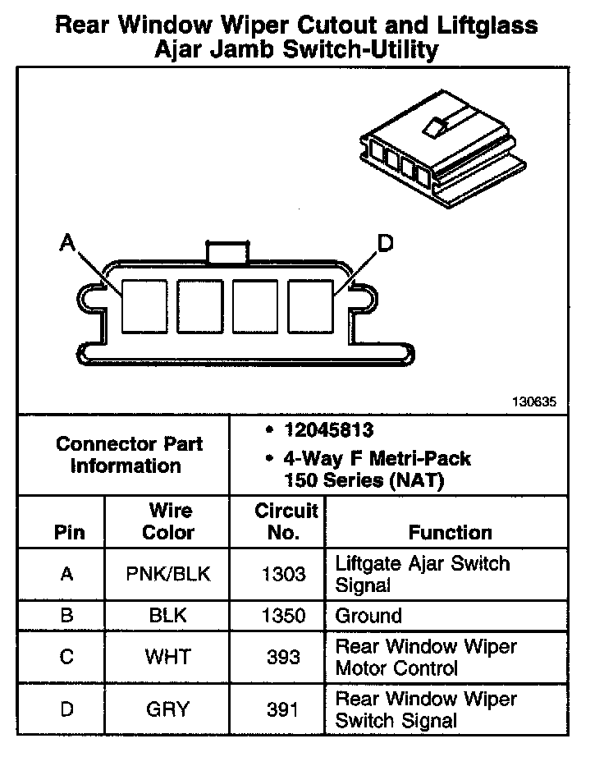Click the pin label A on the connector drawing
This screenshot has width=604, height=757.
point(67,242)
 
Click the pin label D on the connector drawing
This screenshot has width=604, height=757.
point(385,243)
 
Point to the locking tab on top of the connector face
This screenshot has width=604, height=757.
point(226,250)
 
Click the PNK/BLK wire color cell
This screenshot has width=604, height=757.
point(167,574)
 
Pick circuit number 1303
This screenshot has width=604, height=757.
point(282,574)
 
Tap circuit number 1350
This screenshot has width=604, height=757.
point(282,616)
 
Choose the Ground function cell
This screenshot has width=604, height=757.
point(368,616)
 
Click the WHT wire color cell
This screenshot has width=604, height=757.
point(167,657)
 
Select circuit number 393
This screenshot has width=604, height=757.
point(282,657)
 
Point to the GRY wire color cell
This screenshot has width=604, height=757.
point(167,709)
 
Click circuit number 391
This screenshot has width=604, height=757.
point(282,709)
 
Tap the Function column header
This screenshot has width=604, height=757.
point(450,532)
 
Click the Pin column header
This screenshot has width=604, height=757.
point(69,532)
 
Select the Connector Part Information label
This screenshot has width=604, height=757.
point(129,455)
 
